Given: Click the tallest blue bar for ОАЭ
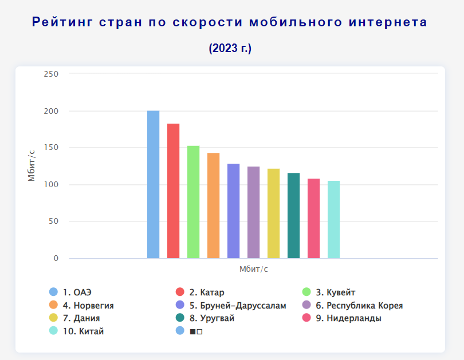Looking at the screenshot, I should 153,184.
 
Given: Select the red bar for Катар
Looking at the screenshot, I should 173,191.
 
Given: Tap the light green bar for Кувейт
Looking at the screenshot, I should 193,202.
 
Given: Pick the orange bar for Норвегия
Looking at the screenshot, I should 213,205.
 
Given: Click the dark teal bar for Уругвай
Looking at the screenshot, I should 293,215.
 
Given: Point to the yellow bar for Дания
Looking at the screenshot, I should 273,213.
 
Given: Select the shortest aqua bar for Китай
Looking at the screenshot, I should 333,219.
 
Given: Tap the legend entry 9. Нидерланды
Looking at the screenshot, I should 348,318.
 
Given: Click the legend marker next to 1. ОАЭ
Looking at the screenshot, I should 53,292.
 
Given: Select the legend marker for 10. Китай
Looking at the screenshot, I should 53,331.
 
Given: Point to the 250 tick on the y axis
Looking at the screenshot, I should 51,74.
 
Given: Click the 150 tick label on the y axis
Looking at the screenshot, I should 51,148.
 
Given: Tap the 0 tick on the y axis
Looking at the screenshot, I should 56,258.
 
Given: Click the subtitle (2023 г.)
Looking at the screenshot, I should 230,48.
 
